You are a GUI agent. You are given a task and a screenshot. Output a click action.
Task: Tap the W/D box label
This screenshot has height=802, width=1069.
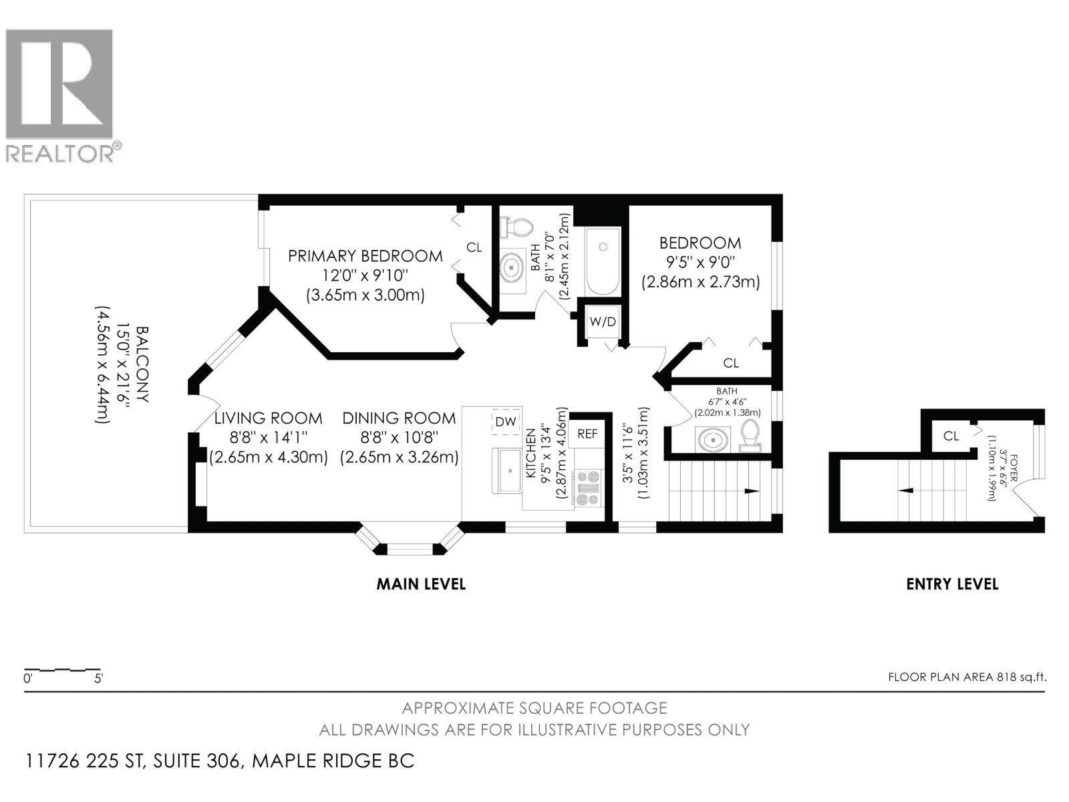(x=602, y=322)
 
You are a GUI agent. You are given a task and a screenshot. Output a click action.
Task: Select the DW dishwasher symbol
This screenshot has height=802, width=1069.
(x=506, y=422)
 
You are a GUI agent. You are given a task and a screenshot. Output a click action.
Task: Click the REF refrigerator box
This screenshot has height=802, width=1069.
(x=587, y=434)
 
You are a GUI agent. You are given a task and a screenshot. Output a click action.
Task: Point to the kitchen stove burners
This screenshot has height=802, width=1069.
(x=589, y=488)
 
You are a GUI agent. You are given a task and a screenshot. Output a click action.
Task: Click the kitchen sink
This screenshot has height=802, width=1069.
(x=508, y=471)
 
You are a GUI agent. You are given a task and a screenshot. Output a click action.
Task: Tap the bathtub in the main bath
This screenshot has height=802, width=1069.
(x=603, y=261)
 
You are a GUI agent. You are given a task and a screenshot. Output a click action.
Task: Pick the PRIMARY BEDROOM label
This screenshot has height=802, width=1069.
(x=365, y=256)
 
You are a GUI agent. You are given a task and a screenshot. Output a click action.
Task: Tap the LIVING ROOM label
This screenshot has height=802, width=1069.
(x=268, y=418)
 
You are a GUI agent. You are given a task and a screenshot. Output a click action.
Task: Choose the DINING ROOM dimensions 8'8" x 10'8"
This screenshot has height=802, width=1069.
(x=399, y=438)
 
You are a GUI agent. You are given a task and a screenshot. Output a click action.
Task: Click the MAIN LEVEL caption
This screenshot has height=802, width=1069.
(x=421, y=584)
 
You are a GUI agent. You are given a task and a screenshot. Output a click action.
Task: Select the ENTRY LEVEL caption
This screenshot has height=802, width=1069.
(x=952, y=584)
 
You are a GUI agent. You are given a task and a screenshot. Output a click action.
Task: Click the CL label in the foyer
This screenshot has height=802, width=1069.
(x=951, y=436)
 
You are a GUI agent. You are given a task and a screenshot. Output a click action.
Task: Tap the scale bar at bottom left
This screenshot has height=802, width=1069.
(x=62, y=670)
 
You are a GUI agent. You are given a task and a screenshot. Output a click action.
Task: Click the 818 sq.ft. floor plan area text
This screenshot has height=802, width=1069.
(x=967, y=677)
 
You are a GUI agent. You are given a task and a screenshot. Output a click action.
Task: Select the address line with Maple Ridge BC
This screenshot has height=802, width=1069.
(x=220, y=761)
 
